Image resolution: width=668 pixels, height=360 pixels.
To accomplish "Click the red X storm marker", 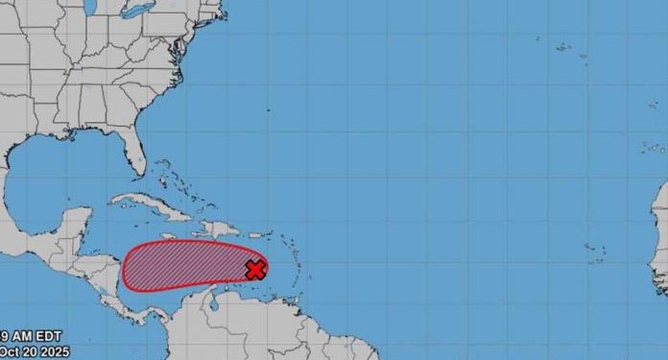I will coord(255,269).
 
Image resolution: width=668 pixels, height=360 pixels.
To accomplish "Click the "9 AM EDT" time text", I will coord(19,337).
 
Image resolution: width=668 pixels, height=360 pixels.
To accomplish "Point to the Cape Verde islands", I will coord(595,252).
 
